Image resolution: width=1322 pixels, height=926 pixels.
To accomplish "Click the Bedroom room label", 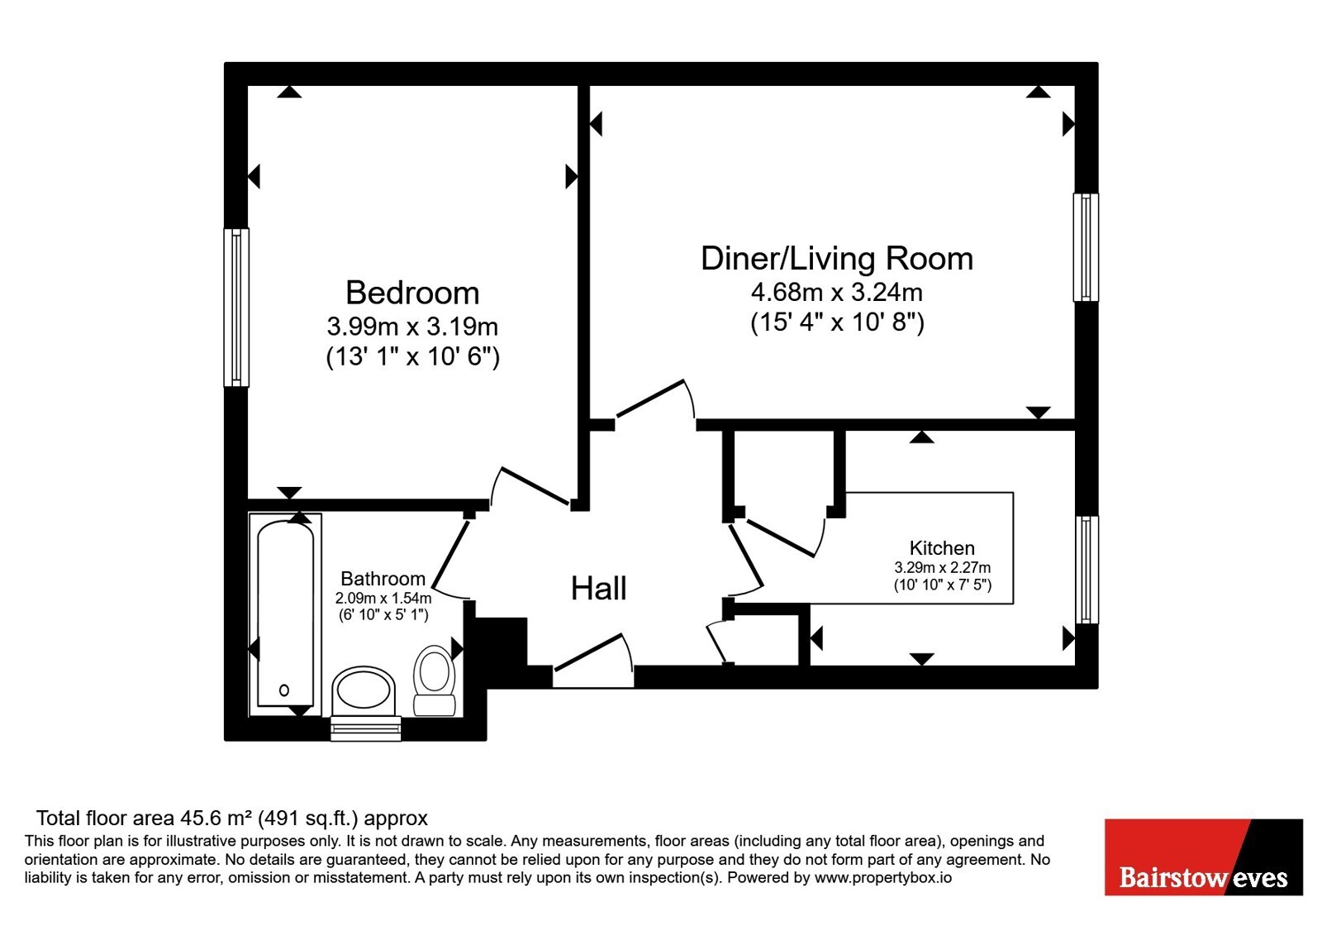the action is pyautogui.click(x=412, y=293).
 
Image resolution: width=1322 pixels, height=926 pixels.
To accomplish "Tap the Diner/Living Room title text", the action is pyautogui.click(x=837, y=259).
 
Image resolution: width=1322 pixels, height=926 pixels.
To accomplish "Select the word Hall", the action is pyautogui.click(x=598, y=588).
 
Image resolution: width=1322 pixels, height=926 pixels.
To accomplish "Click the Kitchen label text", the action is pyautogui.click(x=942, y=548).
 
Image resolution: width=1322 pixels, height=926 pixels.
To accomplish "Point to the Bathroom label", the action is pyautogui.click(x=383, y=578).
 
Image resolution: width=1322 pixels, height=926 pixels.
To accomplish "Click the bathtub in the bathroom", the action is pyautogui.click(x=286, y=614).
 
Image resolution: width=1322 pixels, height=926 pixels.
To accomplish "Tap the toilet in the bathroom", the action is pyautogui.click(x=435, y=680).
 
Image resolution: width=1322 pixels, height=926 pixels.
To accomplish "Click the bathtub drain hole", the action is pyautogui.click(x=284, y=690).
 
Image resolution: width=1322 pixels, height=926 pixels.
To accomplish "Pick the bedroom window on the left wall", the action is pyautogui.click(x=236, y=307).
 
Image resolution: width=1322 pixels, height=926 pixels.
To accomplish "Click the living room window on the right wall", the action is pyautogui.click(x=1086, y=247).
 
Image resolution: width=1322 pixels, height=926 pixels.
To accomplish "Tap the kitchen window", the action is pyautogui.click(x=1087, y=570).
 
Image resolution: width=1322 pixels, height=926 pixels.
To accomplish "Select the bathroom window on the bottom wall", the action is pyautogui.click(x=366, y=728).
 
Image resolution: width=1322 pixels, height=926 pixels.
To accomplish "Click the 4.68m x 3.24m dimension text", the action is pyautogui.click(x=837, y=292).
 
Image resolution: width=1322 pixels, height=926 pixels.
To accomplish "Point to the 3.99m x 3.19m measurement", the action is pyautogui.click(x=412, y=327).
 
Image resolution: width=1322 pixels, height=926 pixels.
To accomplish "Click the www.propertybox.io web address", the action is pyautogui.click(x=883, y=877).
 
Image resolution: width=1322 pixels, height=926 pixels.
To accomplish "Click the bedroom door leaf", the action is pyautogui.click(x=535, y=486).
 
